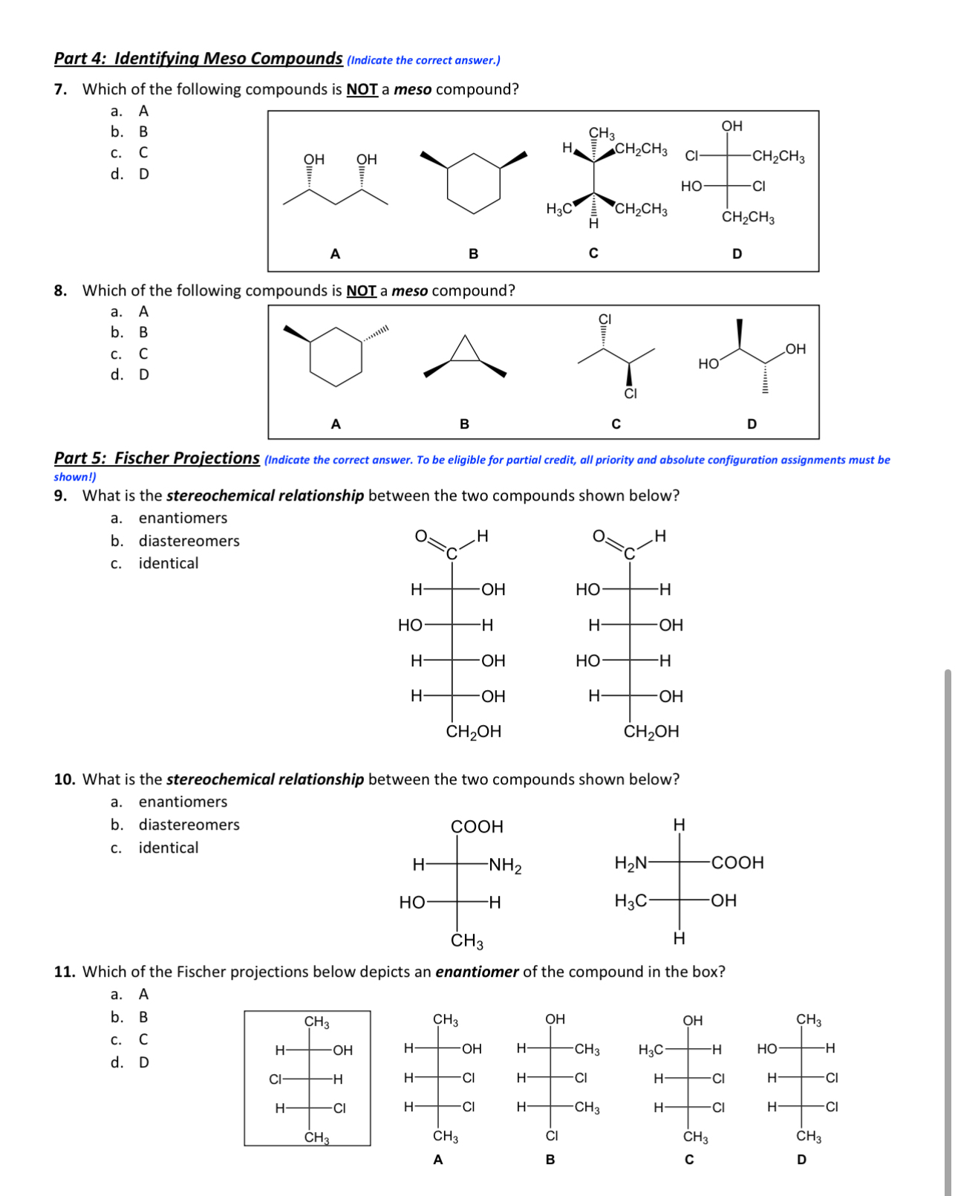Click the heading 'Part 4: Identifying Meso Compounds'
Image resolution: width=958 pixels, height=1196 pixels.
[198, 59]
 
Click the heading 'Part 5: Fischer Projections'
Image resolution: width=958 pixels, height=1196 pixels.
[157, 458]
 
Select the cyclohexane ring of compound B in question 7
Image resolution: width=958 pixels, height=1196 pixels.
[474, 183]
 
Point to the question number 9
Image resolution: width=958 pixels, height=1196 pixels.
[60, 495]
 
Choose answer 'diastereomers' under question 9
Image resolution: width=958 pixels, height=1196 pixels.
[189, 541]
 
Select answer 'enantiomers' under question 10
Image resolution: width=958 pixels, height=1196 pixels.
[183, 802]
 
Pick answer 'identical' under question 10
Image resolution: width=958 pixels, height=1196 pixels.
[169, 848]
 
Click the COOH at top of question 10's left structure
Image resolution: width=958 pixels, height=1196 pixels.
[477, 827]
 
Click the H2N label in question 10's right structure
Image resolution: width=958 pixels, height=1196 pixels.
[630, 863]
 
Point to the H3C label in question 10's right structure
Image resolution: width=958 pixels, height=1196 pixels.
[630, 901]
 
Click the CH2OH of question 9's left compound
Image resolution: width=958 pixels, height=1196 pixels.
[474, 732]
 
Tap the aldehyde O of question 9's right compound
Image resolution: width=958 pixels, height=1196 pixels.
[598, 536]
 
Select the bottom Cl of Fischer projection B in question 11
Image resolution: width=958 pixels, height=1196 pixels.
[552, 1136]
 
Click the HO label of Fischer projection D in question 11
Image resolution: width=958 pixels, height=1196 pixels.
[767, 1049]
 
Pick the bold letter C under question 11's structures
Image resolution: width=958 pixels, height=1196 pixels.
[689, 1160]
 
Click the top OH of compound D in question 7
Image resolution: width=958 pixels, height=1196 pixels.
[731, 126]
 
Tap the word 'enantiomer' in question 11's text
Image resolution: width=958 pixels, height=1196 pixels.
[476, 972]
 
